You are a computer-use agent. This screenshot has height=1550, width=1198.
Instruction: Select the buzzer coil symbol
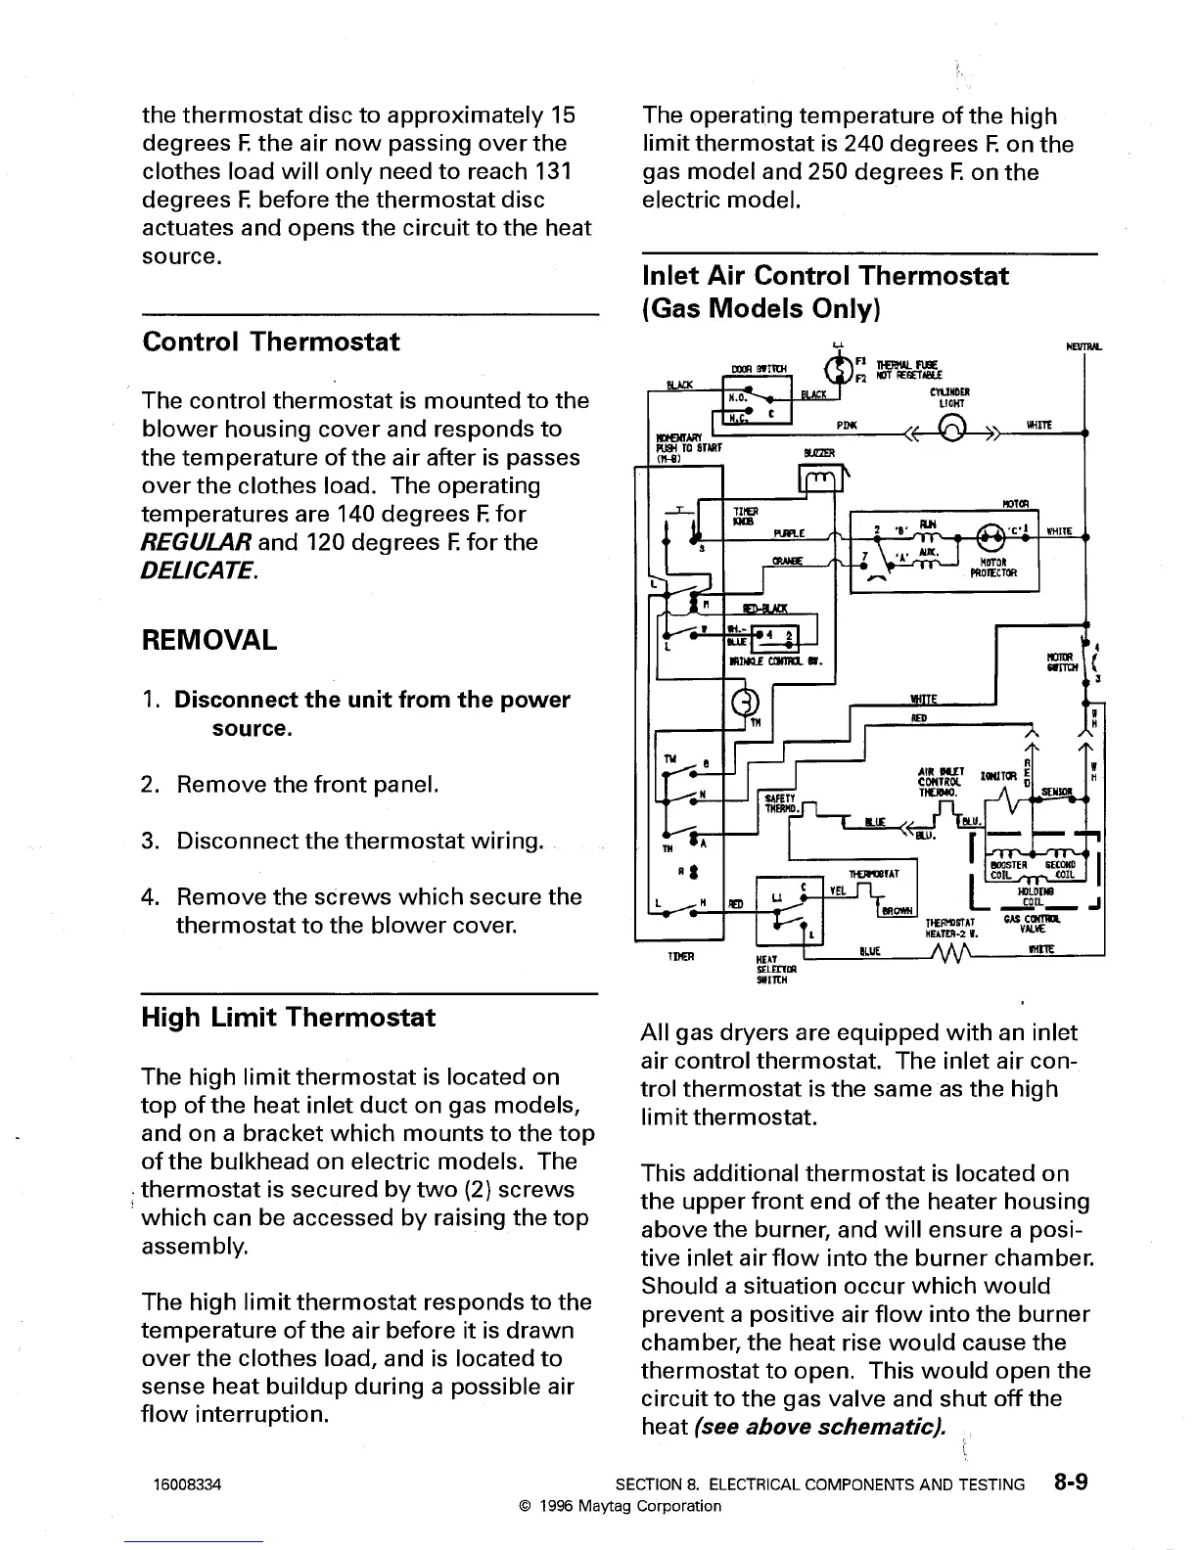coord(815,478)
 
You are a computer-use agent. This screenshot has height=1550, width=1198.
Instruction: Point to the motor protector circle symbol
coord(993,535)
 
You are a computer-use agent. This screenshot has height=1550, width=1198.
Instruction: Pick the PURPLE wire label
coord(788,533)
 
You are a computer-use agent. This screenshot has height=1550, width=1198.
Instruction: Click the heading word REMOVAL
coord(208,641)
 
